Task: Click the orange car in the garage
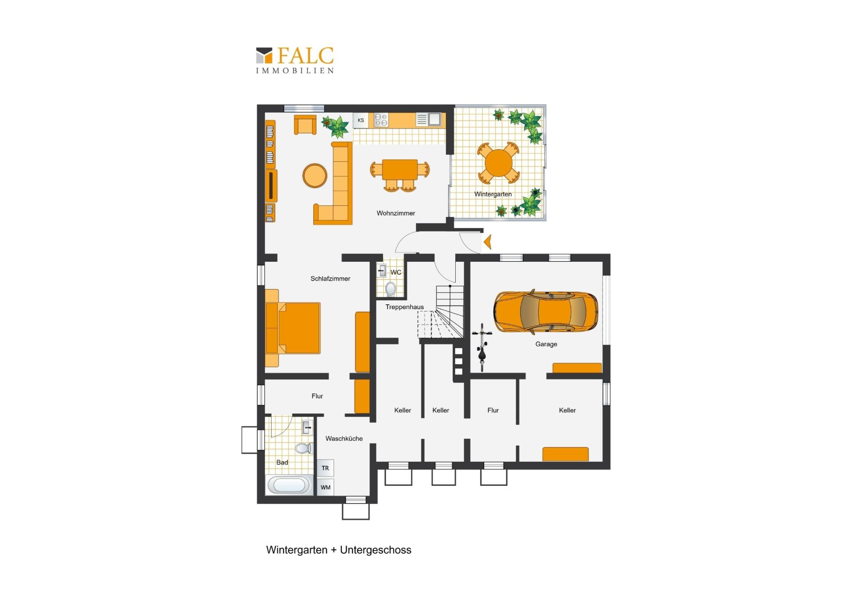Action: click(x=546, y=312)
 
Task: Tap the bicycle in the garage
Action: click(x=482, y=346)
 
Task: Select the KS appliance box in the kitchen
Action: click(x=361, y=120)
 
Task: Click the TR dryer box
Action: click(x=325, y=468)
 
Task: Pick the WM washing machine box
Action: click(x=325, y=487)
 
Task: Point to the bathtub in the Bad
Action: click(x=289, y=484)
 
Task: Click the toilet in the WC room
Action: click(x=390, y=289)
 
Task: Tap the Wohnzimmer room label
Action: click(x=396, y=213)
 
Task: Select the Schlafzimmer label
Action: click(x=330, y=279)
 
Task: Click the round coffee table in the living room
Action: click(x=315, y=175)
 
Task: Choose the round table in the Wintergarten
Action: click(x=498, y=163)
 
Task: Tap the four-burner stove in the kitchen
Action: click(x=381, y=120)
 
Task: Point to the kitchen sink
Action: click(x=434, y=119)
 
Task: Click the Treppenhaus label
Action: click(x=404, y=307)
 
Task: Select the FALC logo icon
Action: click(x=264, y=55)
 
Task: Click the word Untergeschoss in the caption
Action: click(x=375, y=550)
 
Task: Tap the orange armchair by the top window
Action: click(x=305, y=125)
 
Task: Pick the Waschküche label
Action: click(x=344, y=439)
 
